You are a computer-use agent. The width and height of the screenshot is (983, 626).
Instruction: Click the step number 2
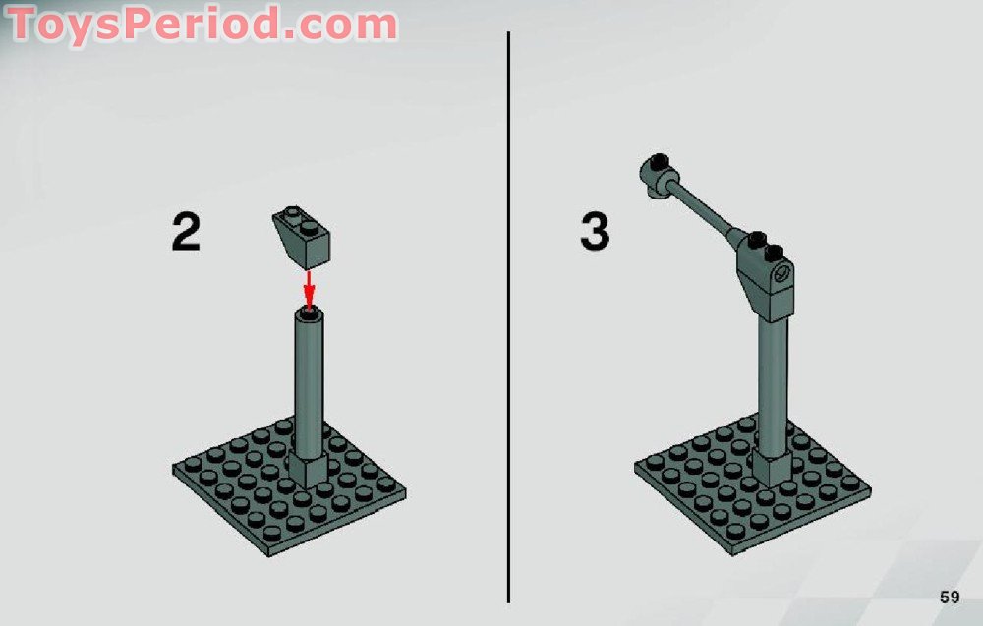click(x=186, y=232)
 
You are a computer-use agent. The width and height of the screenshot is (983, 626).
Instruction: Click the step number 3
click(x=594, y=232)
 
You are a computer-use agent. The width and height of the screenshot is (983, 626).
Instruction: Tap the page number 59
click(x=949, y=597)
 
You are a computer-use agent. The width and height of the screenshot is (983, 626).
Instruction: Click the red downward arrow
click(x=310, y=288)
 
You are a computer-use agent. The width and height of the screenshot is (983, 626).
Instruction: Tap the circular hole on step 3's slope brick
click(x=782, y=275)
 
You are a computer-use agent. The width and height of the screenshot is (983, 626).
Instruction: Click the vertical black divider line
click(x=508, y=314)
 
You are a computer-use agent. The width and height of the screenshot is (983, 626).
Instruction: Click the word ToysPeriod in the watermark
click(x=138, y=24)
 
